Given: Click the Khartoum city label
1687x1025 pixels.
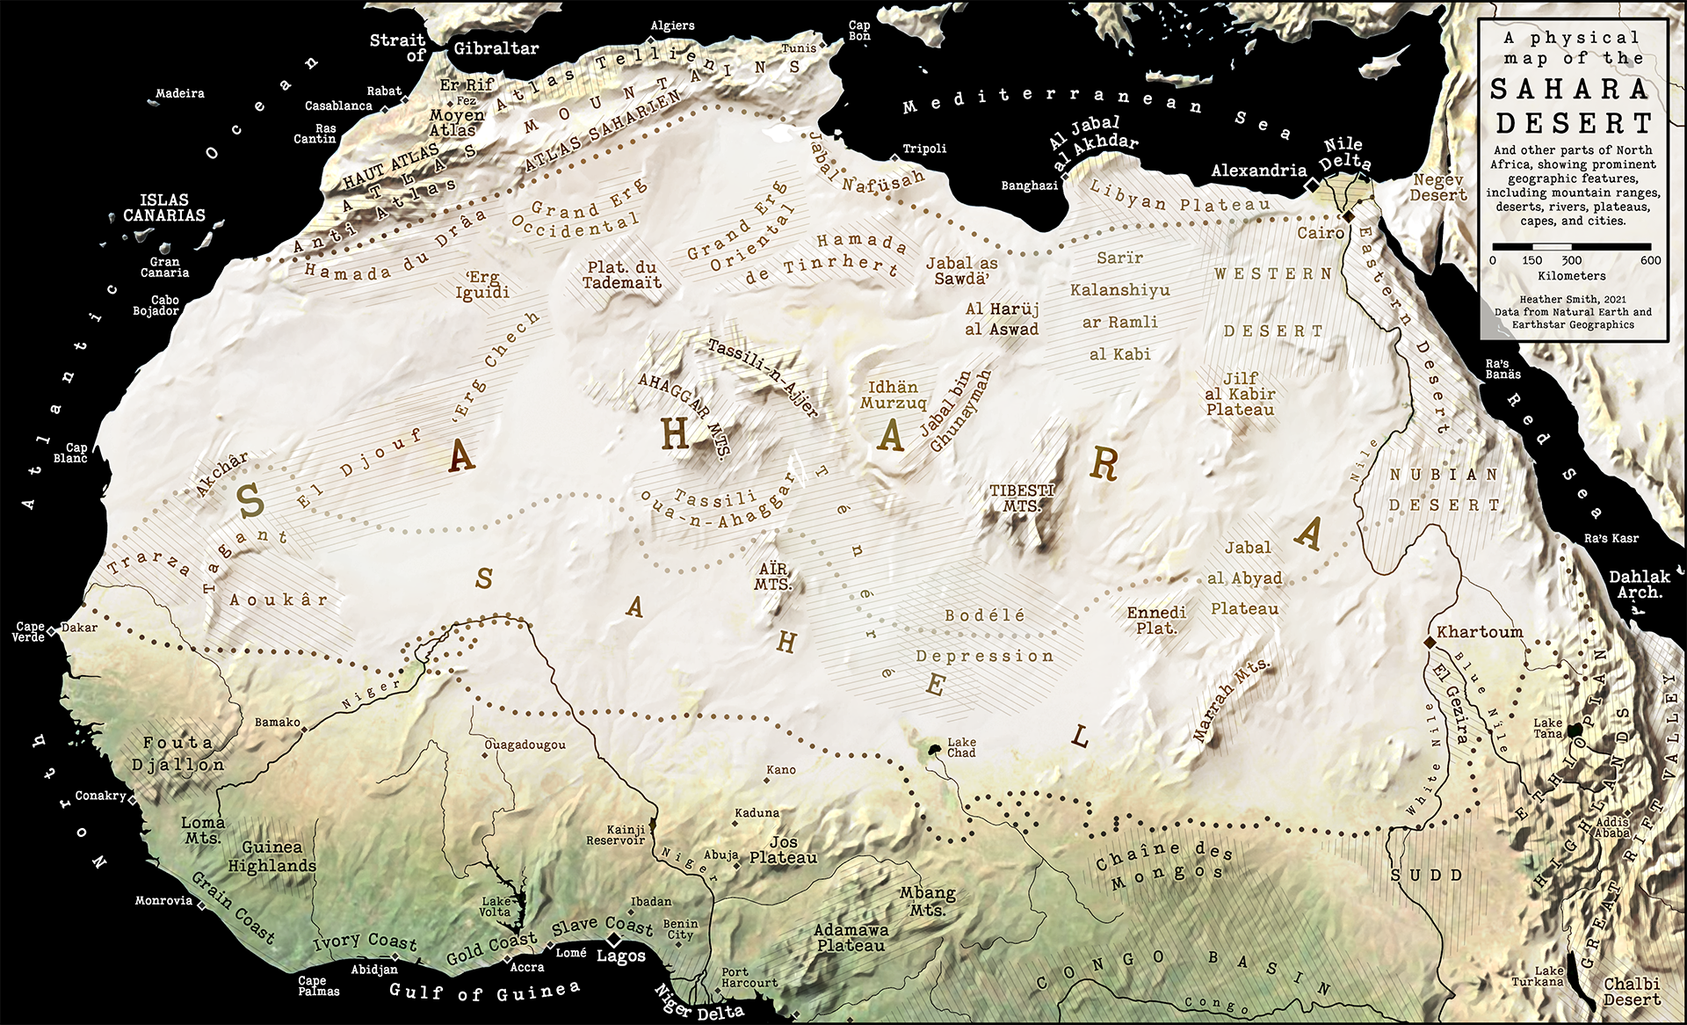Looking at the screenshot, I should (1479, 632).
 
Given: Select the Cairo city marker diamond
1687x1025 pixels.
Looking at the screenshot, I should (1347, 216).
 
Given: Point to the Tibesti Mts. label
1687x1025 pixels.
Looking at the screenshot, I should (1022, 498).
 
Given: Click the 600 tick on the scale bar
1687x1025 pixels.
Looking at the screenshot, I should (1650, 260).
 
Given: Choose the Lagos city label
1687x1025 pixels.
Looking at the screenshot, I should (621, 956).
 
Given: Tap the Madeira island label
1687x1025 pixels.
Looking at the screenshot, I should (180, 93).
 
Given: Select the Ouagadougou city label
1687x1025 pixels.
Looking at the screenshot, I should (525, 745).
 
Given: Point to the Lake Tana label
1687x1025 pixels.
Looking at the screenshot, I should (1548, 728).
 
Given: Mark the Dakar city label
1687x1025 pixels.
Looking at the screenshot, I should (79, 628).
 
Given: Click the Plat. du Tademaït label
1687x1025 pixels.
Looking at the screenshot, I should (622, 274).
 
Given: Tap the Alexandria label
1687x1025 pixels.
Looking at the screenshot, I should (1258, 171).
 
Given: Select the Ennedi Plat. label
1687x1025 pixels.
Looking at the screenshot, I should (1156, 620).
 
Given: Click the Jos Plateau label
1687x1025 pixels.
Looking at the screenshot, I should (783, 850).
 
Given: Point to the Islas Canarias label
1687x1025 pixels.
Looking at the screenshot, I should (164, 207).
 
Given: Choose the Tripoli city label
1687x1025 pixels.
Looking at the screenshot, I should (924, 149).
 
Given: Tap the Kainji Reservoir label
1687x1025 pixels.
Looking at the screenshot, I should (615, 835).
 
